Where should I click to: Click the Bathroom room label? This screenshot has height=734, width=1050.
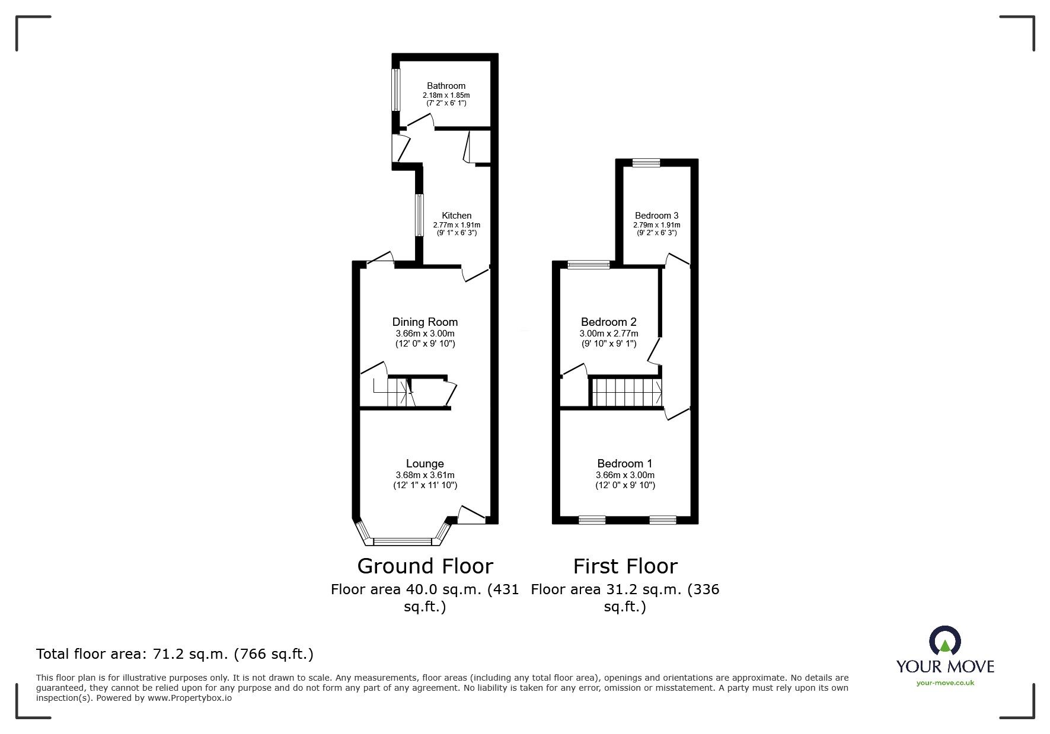446,86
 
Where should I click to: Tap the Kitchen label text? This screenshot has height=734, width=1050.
457,216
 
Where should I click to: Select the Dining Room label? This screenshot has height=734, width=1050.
425,322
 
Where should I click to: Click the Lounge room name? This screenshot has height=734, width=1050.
425,464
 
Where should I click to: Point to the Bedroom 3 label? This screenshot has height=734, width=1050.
656,216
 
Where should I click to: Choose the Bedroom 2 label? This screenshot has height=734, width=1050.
609,322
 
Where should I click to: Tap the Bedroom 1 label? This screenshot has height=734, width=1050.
625,464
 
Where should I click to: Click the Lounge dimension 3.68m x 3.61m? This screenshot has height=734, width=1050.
425,475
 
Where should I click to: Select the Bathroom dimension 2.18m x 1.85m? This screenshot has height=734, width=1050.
446,95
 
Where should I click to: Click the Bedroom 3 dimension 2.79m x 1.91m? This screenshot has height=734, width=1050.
656,225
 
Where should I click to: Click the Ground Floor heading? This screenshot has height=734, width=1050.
425,566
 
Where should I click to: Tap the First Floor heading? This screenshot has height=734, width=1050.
625,566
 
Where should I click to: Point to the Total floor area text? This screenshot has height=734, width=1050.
175,654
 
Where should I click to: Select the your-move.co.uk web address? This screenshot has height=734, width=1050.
945,683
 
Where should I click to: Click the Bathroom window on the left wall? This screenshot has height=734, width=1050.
395,89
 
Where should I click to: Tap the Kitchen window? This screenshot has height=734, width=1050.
419,216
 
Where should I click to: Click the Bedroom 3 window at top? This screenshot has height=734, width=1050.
646,163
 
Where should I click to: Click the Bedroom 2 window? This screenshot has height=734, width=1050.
589,265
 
